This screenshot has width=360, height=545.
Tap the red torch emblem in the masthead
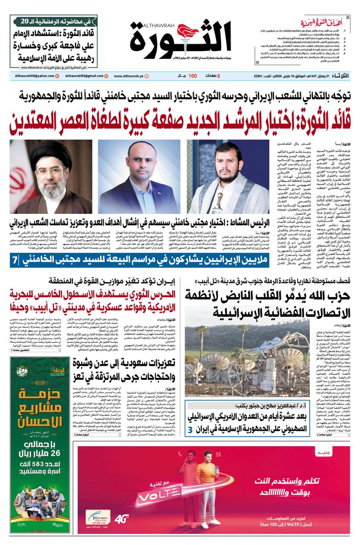(187, 32)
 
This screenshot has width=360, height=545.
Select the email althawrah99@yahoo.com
(32, 76)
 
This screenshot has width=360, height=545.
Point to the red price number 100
(193, 76)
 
